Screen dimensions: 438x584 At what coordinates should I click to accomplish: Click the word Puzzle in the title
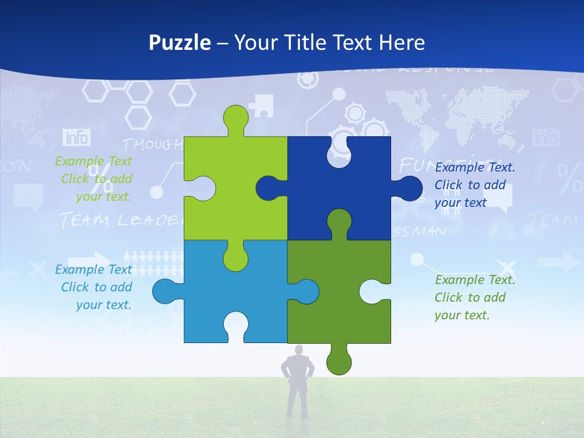(180, 43)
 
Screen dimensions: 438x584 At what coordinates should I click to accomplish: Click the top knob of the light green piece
(236, 119)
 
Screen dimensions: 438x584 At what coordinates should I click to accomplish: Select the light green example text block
(94, 179)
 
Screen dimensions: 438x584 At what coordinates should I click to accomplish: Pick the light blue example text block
(94, 287)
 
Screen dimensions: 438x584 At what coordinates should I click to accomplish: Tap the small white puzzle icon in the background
(261, 105)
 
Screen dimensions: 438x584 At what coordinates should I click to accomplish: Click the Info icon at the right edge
(545, 137)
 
